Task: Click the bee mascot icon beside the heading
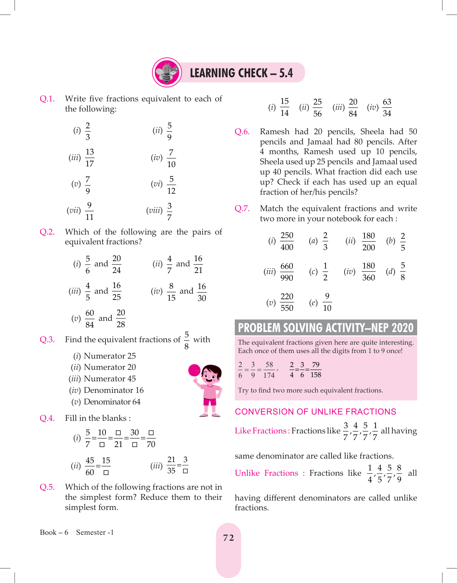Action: click(x=167, y=72)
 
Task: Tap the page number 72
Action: click(x=228, y=538)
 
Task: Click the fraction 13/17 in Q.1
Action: click(x=90, y=158)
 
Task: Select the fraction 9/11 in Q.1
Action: click(x=89, y=211)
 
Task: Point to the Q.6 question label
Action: click(x=242, y=132)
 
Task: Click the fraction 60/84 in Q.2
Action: click(x=90, y=318)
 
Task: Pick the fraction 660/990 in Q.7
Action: click(x=286, y=272)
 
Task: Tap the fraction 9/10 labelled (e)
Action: click(x=327, y=302)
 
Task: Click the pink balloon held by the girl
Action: click(x=194, y=370)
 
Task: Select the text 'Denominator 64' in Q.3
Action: click(x=112, y=402)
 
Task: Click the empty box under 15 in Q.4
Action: click(x=106, y=473)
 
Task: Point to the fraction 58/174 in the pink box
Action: click(x=269, y=370)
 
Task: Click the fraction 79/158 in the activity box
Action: click(x=315, y=370)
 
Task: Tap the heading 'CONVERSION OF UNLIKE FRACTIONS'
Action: click(x=315, y=412)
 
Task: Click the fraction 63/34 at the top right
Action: click(x=387, y=107)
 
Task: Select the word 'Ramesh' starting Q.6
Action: click(x=275, y=132)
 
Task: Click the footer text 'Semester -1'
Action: click(x=95, y=532)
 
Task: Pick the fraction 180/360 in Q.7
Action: click(x=368, y=272)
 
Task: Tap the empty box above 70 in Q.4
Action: click(x=151, y=433)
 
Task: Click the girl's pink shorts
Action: click(x=210, y=402)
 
